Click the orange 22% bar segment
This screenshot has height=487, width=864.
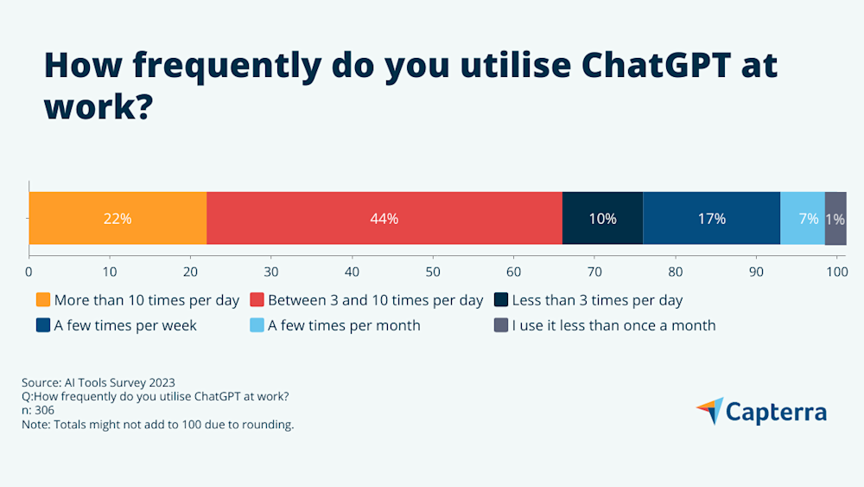coord(118,219)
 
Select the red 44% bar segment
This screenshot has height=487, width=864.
coord(384,219)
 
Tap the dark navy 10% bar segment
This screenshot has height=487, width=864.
coord(602,219)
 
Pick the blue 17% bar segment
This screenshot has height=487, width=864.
coord(711,219)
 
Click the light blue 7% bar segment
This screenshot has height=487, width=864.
coord(803,219)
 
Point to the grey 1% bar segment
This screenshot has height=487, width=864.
coord(835,219)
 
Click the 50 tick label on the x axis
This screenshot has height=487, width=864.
coord(433,272)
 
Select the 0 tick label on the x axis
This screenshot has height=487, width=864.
coord(29,272)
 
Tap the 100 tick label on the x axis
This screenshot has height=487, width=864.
coord(836,272)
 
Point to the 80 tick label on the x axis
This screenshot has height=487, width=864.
coord(675,272)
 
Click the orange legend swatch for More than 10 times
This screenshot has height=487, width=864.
coord(43,301)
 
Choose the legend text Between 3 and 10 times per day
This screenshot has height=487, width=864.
coord(375,301)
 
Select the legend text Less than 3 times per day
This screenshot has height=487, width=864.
coord(597,301)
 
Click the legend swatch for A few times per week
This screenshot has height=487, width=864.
coord(43,326)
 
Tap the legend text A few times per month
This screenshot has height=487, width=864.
coord(344,326)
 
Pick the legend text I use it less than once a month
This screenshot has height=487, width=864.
coord(613,326)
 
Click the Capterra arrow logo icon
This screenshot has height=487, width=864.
coord(709,411)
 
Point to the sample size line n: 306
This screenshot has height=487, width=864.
coord(38,410)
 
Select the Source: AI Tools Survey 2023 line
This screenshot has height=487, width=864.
coord(104,381)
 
